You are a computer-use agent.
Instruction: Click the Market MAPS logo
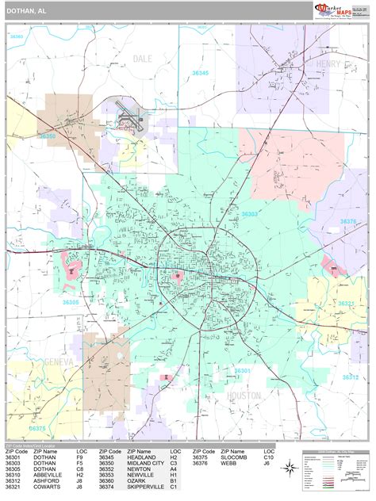(x=340, y=10)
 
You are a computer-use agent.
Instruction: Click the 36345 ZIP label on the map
(x=200, y=73)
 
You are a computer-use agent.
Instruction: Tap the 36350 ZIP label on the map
(x=48, y=136)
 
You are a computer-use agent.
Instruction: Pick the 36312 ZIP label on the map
(x=350, y=377)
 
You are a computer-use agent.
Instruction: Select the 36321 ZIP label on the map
(x=347, y=303)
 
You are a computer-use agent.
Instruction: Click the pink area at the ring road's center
(x=178, y=276)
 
